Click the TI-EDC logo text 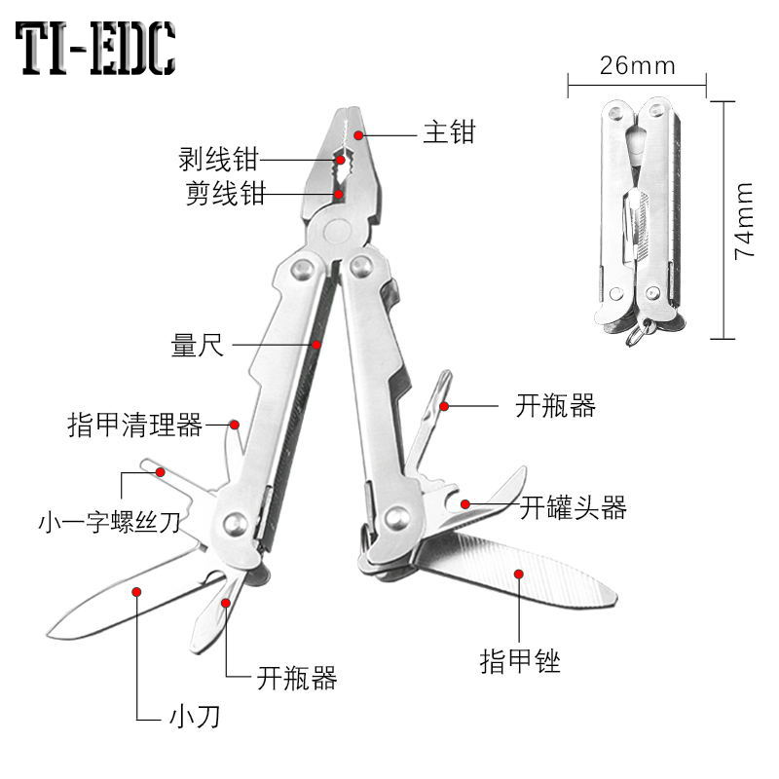pos(95,49)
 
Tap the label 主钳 pos(448,131)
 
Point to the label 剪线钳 pos(225,194)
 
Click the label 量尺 pos(198,345)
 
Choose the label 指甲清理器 pos(134,426)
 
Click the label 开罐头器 pos(573,507)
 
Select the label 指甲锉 pos(520,661)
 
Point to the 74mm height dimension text pos(745,219)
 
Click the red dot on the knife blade pos(136,589)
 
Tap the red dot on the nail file pos(520,576)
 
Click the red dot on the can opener pos(466,503)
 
